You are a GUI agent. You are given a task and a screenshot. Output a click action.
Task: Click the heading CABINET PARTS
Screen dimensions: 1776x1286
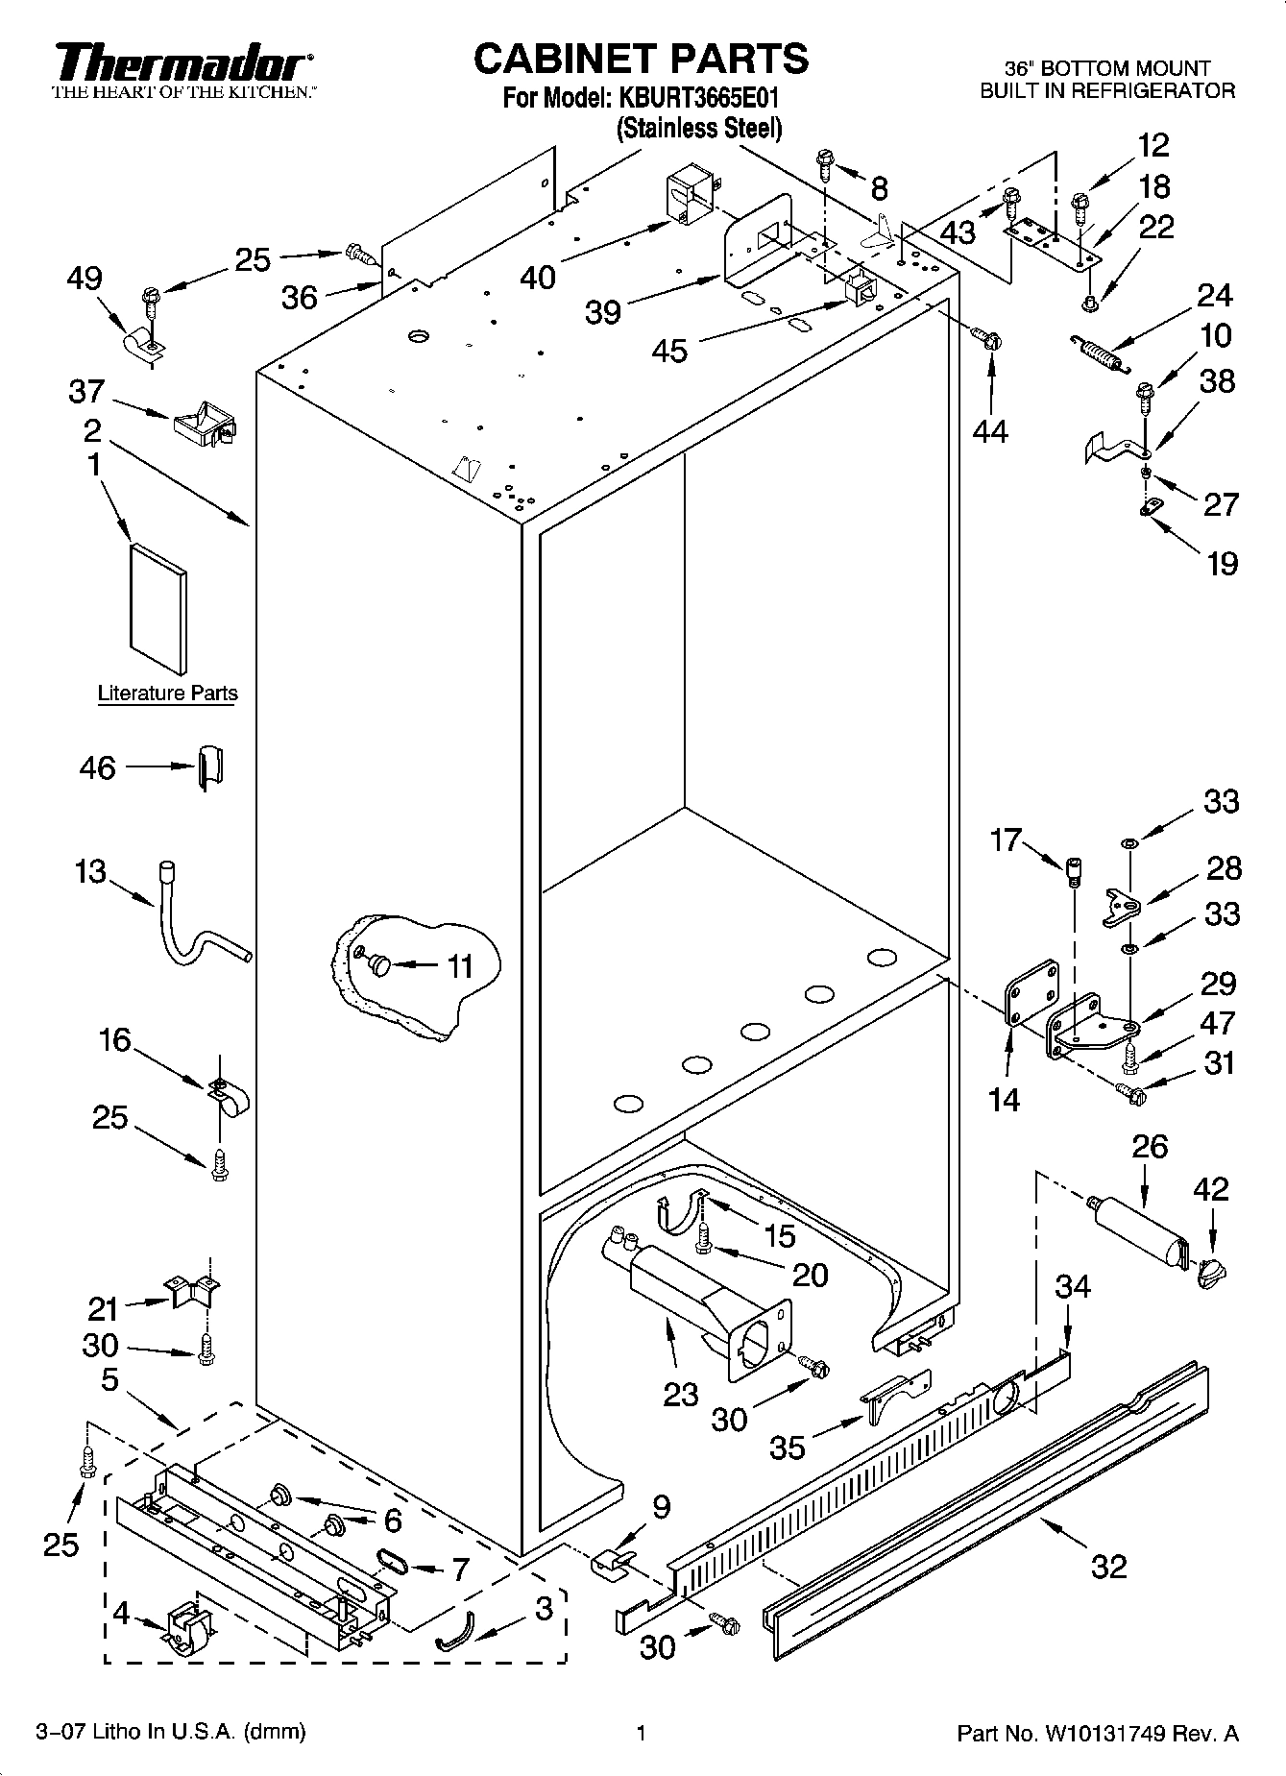(x=642, y=60)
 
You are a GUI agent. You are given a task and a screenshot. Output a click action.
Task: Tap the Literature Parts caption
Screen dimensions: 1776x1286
(x=167, y=693)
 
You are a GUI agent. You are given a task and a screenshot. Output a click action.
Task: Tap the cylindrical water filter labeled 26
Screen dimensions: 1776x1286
(x=1139, y=1233)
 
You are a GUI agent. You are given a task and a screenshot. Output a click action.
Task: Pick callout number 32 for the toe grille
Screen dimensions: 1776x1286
(x=1108, y=1567)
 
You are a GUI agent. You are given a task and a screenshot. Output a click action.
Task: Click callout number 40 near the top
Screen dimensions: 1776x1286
(x=538, y=278)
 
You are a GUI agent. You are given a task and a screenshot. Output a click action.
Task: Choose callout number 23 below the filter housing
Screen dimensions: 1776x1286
(x=680, y=1393)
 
